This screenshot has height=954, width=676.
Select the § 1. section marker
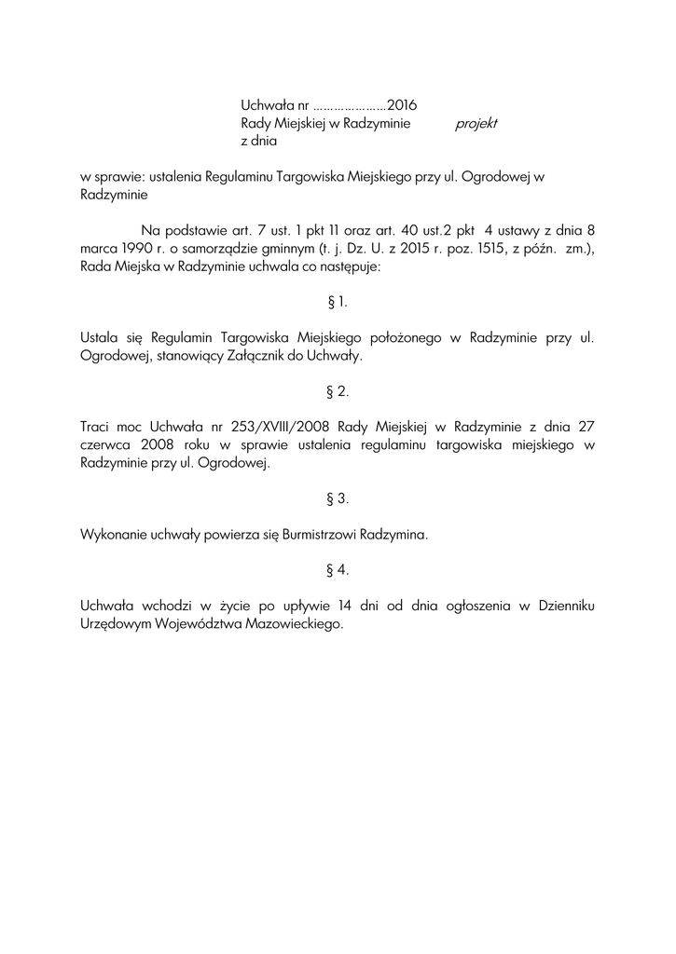[338, 302]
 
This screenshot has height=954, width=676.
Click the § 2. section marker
[338, 391]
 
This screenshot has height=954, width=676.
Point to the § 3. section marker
[338, 498]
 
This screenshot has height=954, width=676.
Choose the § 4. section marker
[338, 569]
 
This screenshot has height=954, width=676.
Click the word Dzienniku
[566, 606]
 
